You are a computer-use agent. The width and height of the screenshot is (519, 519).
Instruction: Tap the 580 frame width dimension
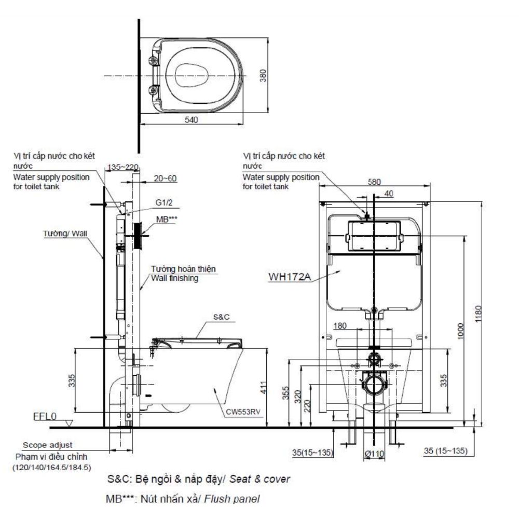click(x=374, y=183)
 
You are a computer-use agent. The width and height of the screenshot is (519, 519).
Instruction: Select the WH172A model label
click(x=289, y=277)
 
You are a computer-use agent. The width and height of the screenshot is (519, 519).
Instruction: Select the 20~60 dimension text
click(x=166, y=178)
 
